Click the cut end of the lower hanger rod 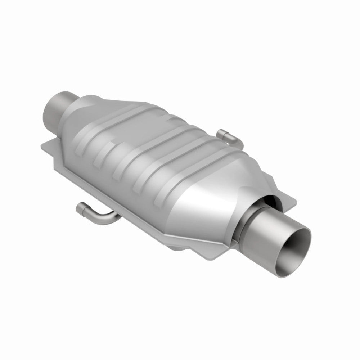point(80,208)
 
